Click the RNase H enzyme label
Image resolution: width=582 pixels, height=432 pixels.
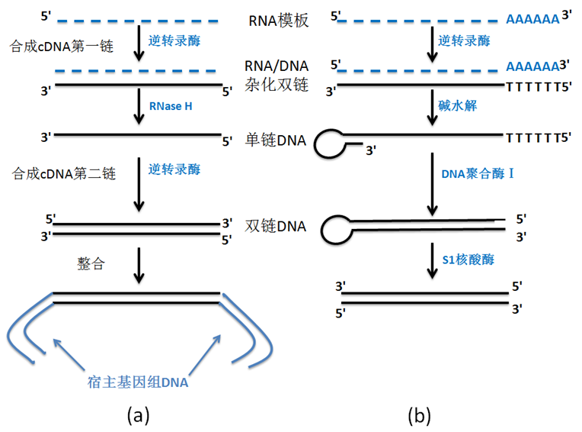coord(171,106)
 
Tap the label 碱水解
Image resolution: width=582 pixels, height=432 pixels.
coord(457,105)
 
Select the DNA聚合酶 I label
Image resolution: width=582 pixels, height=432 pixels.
coord(478,173)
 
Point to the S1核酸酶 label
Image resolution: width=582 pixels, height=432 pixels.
coord(468,260)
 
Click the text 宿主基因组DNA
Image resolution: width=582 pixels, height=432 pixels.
coord(138,382)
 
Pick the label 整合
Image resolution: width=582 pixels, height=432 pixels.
coord(91,263)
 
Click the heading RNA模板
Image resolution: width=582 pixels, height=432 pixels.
coord(278,21)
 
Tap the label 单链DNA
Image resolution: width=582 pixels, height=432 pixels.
coord(276,140)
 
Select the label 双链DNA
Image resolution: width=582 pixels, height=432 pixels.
coord(276,226)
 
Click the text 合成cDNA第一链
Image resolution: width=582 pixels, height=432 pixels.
coord(62,47)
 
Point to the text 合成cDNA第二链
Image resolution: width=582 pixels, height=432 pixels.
coord(64,173)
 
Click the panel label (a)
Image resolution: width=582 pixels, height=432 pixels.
coord(138,415)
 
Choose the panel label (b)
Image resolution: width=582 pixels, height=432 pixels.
coord(420,415)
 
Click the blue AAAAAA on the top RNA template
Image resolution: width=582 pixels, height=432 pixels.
coord(532,19)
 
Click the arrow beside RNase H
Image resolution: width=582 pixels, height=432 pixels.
coord(139,106)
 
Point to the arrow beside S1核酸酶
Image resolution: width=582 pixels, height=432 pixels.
coord(432,260)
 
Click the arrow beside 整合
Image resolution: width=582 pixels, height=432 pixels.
coord(139,266)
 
